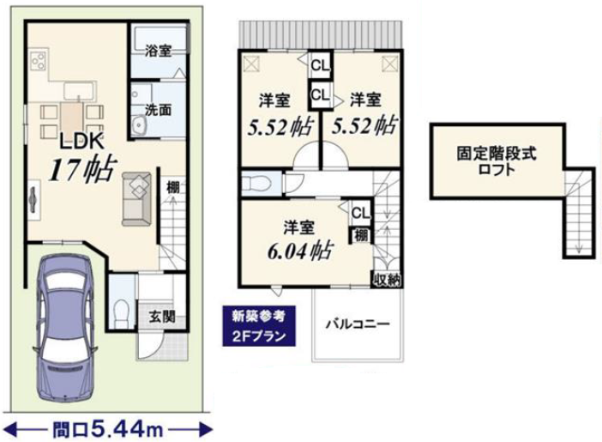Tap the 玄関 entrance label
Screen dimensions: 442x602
coord(162,316)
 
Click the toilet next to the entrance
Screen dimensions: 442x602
coord(123,308)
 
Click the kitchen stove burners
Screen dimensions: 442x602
coord(39,61)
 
